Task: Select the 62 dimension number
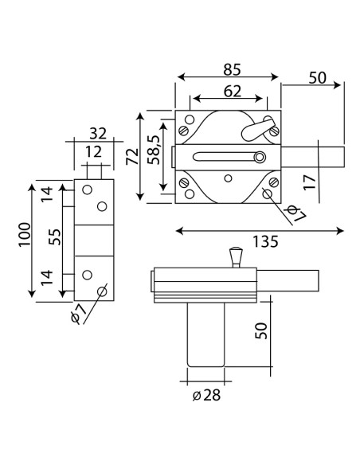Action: (232, 90)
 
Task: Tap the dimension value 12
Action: (94, 151)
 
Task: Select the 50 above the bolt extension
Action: (317, 77)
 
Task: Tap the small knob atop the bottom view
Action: (233, 256)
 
